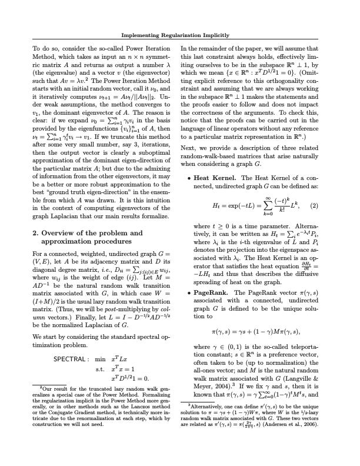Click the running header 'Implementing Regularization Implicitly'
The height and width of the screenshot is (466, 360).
pos(180,35)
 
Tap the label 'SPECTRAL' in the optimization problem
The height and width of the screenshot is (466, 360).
pos(70,358)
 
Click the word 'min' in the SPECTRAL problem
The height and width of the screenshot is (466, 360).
pos(100,358)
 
